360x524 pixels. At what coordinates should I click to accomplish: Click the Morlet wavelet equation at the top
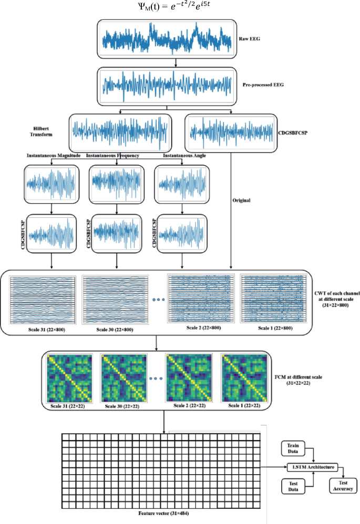click(180, 8)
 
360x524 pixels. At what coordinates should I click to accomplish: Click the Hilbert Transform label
click(43, 130)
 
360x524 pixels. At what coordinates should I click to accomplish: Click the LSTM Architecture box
click(314, 467)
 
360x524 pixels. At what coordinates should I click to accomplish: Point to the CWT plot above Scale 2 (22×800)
click(199, 298)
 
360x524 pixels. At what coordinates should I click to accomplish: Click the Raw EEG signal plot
click(167, 38)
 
